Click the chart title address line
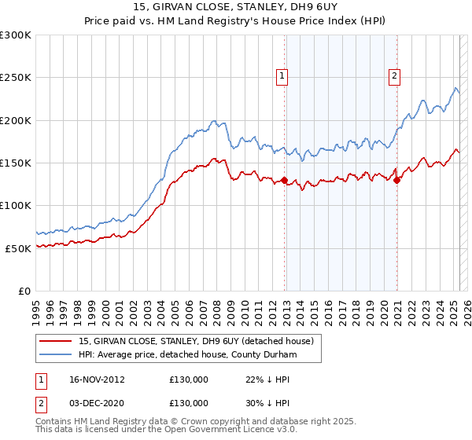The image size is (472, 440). [235, 9]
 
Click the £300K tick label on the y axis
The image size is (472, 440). [16, 35]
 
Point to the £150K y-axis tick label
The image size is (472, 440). [16, 163]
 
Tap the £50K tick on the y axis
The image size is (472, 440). [18, 248]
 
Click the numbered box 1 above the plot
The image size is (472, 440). [282, 76]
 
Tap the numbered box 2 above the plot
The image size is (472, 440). [393, 76]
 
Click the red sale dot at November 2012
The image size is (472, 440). [284, 180]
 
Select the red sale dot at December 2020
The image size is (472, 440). [397, 180]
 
